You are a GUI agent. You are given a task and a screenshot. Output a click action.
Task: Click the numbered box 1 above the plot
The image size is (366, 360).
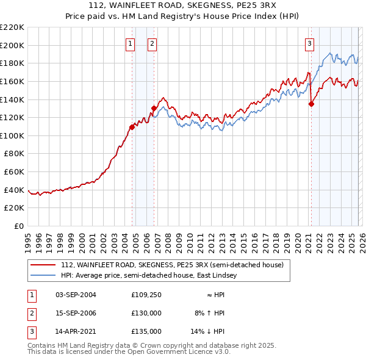click(x=131, y=43)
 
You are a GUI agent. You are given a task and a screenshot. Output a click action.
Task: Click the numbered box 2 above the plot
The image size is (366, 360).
click(x=151, y=43)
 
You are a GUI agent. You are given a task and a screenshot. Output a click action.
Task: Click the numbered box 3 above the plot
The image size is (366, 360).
click(x=310, y=43)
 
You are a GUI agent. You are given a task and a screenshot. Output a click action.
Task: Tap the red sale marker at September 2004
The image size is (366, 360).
click(x=132, y=127)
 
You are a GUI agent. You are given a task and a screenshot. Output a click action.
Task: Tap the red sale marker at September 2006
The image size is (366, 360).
click(x=154, y=108)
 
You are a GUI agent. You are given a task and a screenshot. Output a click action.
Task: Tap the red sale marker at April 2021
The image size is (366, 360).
click(x=311, y=104)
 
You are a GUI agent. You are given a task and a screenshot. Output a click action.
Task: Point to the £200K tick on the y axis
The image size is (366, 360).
click(x=12, y=45)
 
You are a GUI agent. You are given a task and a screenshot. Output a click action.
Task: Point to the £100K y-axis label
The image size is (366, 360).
click(x=12, y=135)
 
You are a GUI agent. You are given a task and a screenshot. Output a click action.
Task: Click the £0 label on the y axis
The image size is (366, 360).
click(x=19, y=226)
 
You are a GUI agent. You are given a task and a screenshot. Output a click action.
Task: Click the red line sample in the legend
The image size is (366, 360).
click(x=43, y=265)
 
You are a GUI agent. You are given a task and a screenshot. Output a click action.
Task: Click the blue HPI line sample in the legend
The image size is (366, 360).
click(x=43, y=276)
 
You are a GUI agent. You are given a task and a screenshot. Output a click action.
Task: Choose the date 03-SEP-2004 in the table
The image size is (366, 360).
click(x=76, y=295)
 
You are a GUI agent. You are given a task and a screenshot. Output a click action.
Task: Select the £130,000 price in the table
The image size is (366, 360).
click(x=146, y=313)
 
